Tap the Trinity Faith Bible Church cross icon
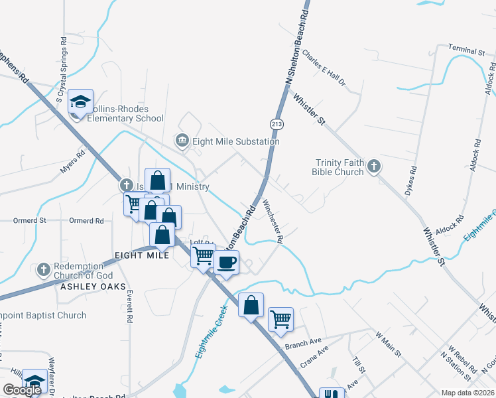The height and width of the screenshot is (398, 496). [x=374, y=166]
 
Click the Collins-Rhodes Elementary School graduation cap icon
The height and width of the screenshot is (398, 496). [x=80, y=101]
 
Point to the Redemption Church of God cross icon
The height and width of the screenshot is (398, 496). [x=44, y=270]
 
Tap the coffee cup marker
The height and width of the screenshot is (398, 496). [x=227, y=262]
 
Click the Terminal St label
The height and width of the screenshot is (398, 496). [x=466, y=50]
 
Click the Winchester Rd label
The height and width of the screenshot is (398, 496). [x=273, y=220]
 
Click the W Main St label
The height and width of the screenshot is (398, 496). [x=389, y=344]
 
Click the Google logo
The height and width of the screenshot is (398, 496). [x=23, y=390]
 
